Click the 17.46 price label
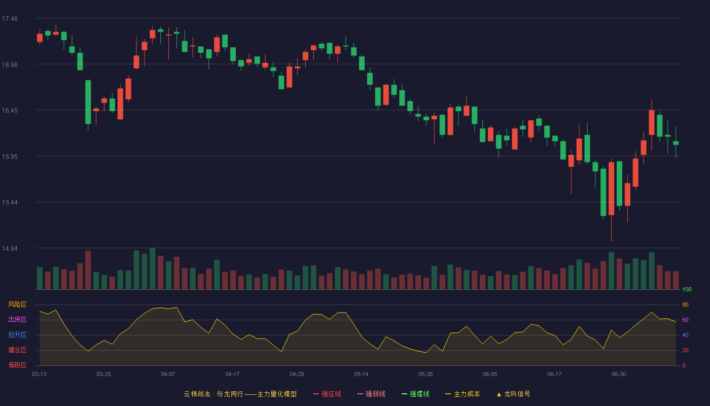[x=10, y=19]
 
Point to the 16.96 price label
[x=10, y=65]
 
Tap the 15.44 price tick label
[x=10, y=202]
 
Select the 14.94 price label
[x=10, y=248]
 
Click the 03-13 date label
[x=40, y=375]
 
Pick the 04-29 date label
[x=297, y=375]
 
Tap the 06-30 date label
[x=619, y=375]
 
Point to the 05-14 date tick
[x=361, y=375]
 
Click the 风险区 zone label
[x=17, y=304]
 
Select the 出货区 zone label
[x=17, y=319]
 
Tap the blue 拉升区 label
[x=17, y=334]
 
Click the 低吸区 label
[x=17, y=365]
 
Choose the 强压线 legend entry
[x=327, y=394]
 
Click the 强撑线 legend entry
[x=415, y=394]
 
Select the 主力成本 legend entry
[x=463, y=394]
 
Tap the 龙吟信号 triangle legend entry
[x=513, y=394]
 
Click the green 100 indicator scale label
[x=687, y=289]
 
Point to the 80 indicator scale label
[x=685, y=304]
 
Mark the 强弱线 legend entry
[x=371, y=394]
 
